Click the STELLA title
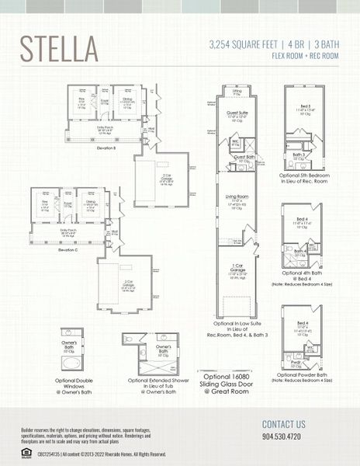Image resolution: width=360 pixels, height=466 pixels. (61, 48)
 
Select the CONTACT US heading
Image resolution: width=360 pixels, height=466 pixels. (283, 424)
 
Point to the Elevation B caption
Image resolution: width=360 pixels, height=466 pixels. (106, 146)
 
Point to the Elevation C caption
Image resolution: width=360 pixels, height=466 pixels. (69, 249)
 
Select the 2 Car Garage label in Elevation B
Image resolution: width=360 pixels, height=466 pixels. (166, 178)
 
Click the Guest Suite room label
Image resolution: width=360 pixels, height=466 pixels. (237, 113)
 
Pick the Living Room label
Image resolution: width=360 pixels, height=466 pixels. (237, 198)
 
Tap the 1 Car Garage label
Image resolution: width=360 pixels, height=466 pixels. (237, 268)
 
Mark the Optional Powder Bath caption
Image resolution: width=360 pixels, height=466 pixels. (302, 374)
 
